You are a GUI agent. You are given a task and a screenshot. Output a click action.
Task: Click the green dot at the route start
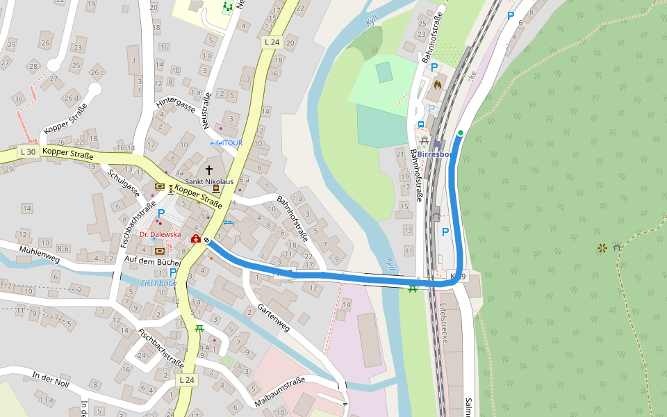pyautogui.click(x=460, y=133)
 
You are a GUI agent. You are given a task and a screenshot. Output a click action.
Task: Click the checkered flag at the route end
pyautogui.click(x=206, y=240)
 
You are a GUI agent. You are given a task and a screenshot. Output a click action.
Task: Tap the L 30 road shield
pyautogui.click(x=28, y=152)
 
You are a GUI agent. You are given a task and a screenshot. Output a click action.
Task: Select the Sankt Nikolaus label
pyautogui.click(x=208, y=181)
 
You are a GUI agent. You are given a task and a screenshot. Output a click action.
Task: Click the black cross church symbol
pyautogui.click(x=208, y=170)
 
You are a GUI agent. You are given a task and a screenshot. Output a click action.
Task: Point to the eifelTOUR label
pyautogui.click(x=226, y=142)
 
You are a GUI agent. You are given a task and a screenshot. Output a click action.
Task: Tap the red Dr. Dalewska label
pyautogui.click(x=160, y=235)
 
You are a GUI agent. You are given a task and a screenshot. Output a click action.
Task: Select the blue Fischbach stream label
pyautogui.click(x=158, y=284)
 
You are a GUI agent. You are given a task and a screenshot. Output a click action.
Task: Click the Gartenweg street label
pyautogui.click(x=273, y=317)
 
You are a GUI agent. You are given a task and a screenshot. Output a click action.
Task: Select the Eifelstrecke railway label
pyautogui.click(x=443, y=324)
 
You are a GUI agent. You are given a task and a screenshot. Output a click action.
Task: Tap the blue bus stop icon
pyautogui.click(x=420, y=124)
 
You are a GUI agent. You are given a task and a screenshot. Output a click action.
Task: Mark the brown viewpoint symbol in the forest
pyautogui.click(x=602, y=247)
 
